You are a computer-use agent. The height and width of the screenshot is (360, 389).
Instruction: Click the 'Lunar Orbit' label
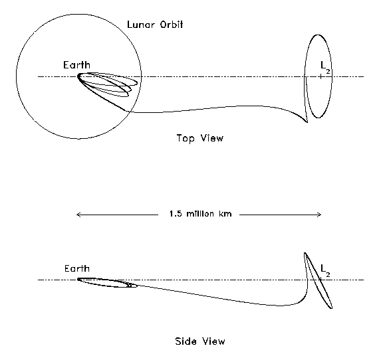pos(155,25)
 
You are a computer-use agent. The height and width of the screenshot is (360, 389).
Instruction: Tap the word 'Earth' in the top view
pos(76,65)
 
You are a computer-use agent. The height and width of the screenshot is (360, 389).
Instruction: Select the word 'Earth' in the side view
pos(77,268)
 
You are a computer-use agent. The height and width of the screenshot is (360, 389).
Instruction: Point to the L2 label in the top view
pos(325,67)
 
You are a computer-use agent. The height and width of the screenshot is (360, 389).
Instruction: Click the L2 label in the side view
pos(325,270)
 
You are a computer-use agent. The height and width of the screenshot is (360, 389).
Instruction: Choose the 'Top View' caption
pos(200,138)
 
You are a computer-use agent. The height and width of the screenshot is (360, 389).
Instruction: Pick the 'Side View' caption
pos(200,341)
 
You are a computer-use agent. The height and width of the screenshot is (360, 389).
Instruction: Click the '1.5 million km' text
pos(200,214)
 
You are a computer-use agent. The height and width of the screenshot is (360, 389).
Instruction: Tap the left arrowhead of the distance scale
pos(78,215)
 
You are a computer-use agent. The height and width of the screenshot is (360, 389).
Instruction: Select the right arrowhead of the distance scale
pos(319,215)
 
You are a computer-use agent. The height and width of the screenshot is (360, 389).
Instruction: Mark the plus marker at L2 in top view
pos(321,76)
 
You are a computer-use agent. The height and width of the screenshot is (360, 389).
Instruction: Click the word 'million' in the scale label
pos(200,214)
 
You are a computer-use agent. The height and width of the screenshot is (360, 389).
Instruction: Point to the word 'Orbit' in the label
pos(172,25)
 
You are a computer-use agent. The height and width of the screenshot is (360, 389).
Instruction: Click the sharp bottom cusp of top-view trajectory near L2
pos(307,122)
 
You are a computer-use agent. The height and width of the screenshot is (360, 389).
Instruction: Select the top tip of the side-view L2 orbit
pos(305,253)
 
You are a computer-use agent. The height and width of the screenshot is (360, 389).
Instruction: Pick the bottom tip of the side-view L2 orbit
pos(331,308)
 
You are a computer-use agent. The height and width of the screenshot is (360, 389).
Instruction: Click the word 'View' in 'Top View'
pos(211,138)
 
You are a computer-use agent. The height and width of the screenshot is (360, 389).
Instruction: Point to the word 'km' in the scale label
pos(225,214)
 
